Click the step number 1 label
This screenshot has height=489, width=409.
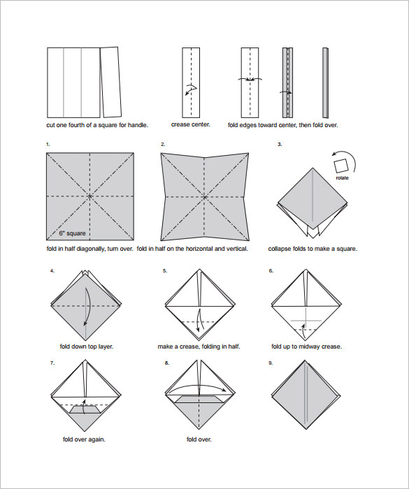click(x=48, y=144)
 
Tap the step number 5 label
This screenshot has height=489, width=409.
click(x=165, y=270)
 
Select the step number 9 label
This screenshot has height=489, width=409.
click(x=271, y=363)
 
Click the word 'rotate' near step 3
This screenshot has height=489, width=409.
click(x=341, y=177)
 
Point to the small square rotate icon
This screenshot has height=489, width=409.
click(x=342, y=165)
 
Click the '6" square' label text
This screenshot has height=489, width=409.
click(x=71, y=233)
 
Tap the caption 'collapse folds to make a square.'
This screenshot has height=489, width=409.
click(x=308, y=249)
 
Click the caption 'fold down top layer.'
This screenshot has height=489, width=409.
click(x=87, y=346)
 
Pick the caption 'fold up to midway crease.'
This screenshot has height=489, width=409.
click(x=306, y=346)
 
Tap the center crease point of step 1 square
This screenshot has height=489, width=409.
click(x=90, y=197)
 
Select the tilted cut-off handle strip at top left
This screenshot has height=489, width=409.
click(x=111, y=82)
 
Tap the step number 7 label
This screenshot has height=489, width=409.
click(x=52, y=363)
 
